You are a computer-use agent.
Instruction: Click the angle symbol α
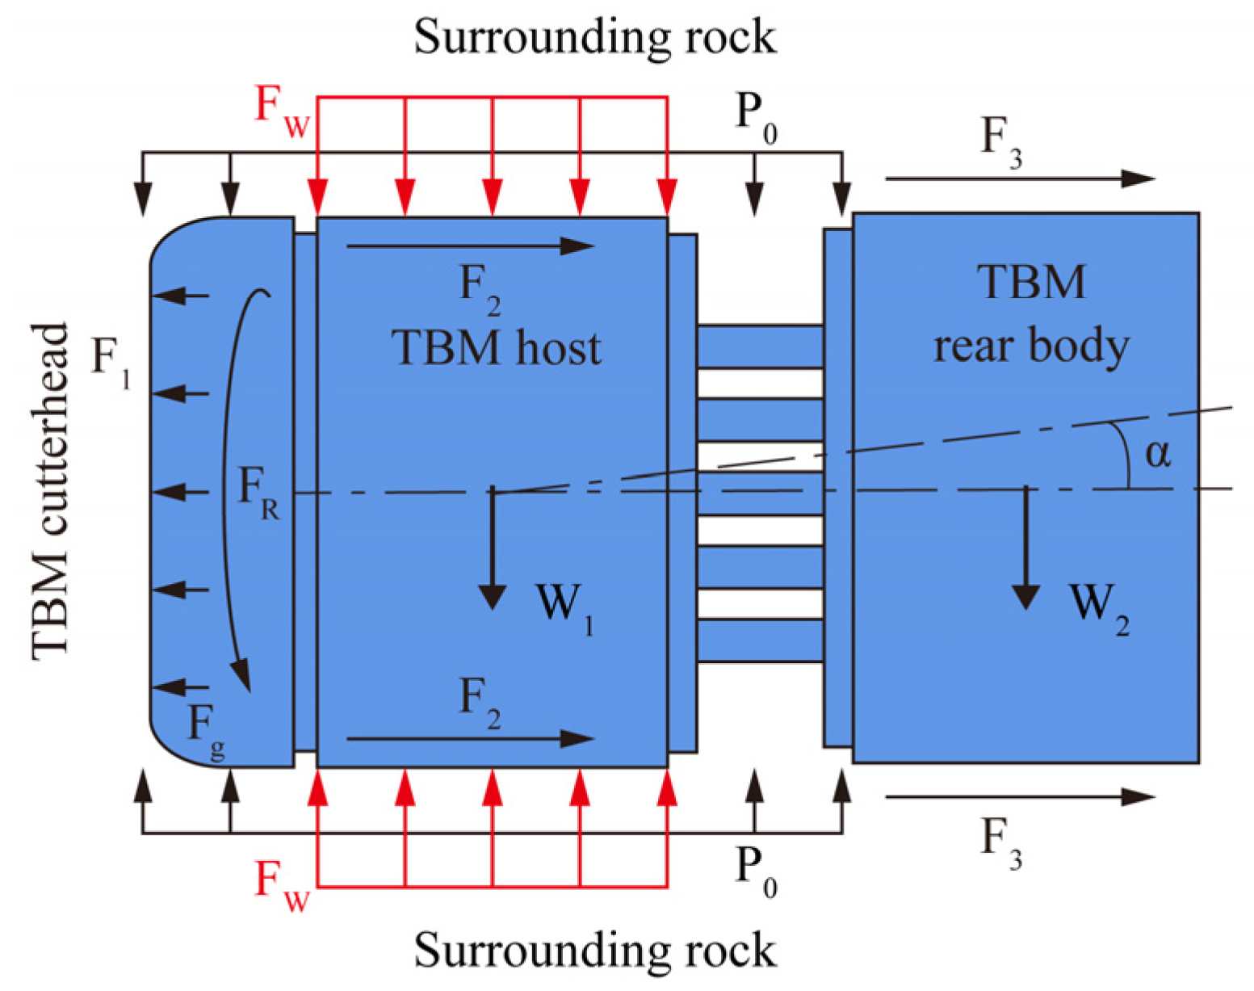coord(1158,453)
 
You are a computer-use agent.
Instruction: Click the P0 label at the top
coord(756,117)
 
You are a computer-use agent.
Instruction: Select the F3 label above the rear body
coord(1001,141)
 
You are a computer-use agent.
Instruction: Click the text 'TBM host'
coord(497,348)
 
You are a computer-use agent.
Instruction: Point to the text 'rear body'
coord(1031,346)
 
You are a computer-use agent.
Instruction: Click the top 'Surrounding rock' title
coord(595,36)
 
